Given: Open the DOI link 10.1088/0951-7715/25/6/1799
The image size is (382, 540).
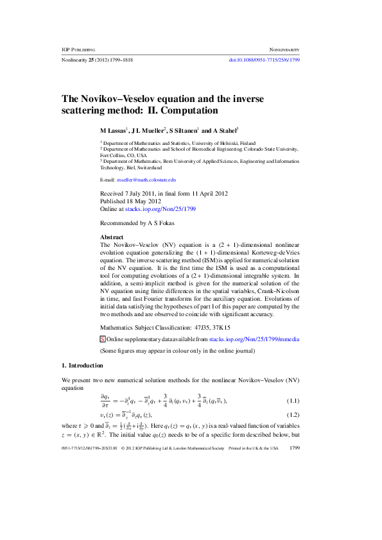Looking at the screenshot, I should [265, 60].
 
